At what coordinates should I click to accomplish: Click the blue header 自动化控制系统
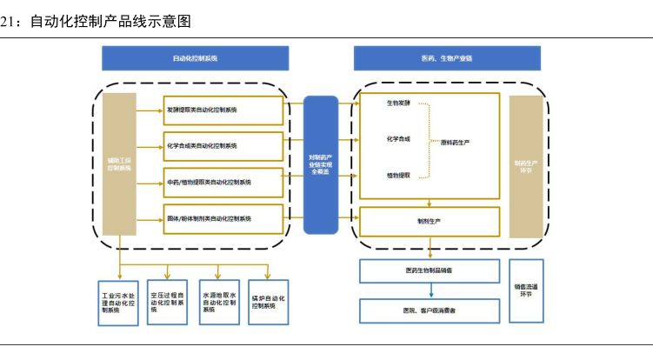[196, 58]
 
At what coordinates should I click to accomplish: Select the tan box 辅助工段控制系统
[119, 163]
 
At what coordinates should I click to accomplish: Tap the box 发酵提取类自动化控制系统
[224, 110]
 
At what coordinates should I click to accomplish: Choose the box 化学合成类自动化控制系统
[224, 146]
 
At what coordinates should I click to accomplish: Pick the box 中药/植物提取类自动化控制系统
[224, 183]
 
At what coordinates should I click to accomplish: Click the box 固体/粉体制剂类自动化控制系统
[224, 218]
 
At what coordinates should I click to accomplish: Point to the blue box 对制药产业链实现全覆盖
[320, 163]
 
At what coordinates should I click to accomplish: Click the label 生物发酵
[399, 103]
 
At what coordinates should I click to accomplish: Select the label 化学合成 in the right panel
[399, 139]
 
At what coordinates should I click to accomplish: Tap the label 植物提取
[399, 175]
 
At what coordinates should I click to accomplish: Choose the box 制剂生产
[430, 222]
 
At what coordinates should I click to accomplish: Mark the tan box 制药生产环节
[525, 165]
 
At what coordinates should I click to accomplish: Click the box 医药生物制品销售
[430, 272]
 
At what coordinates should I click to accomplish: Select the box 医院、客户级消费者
[430, 310]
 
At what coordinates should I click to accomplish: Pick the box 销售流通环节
[526, 290]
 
